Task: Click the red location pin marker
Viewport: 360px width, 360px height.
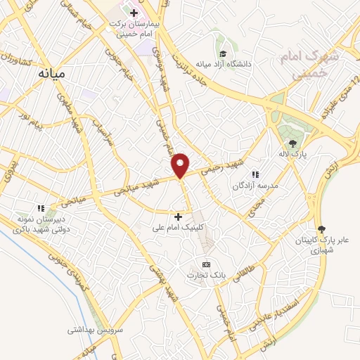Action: pos(181,166)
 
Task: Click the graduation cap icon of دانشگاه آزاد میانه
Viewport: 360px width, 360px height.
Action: pos(223,55)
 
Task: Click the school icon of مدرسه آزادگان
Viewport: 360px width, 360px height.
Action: pos(255,174)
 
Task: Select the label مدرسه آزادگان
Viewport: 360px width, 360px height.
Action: pos(256,185)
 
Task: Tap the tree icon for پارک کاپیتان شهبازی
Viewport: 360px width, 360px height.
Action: pos(323,229)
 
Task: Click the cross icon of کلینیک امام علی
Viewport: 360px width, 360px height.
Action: pos(179,217)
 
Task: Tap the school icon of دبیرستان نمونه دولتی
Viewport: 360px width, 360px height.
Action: pos(41,207)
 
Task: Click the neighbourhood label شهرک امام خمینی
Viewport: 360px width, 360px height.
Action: pos(309,63)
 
